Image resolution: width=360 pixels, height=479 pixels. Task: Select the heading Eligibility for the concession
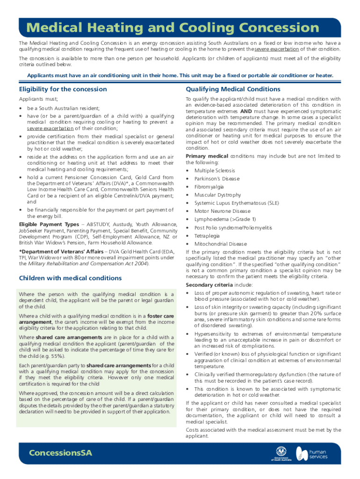point(63,89)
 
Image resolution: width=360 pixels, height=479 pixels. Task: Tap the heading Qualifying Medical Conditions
point(233,89)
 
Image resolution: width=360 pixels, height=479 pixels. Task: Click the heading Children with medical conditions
point(70,278)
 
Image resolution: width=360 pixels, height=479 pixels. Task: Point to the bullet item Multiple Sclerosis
point(215,170)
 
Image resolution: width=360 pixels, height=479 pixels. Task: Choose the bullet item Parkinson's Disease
point(217,179)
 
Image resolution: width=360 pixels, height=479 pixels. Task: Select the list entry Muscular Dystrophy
point(218,195)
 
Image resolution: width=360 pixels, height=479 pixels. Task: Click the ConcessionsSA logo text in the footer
point(60,453)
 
